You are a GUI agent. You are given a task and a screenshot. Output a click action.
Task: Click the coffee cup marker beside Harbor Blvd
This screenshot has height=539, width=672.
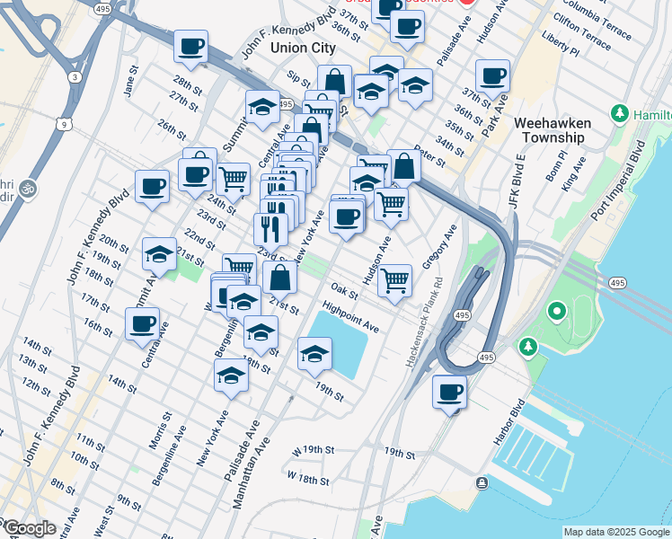[x=449, y=392]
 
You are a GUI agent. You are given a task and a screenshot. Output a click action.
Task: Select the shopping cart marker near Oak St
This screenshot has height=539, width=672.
[x=395, y=280]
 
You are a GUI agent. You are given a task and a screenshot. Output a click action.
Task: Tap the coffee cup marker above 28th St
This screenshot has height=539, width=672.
[x=190, y=46]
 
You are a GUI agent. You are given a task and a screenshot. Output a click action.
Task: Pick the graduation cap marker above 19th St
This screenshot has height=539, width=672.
[x=314, y=354]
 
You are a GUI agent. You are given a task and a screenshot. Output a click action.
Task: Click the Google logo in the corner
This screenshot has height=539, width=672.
[x=29, y=528]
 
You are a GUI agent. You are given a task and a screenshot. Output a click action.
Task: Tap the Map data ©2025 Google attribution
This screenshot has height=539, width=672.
[x=616, y=532]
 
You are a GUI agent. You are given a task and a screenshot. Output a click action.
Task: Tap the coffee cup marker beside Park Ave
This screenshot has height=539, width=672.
[x=492, y=76]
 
